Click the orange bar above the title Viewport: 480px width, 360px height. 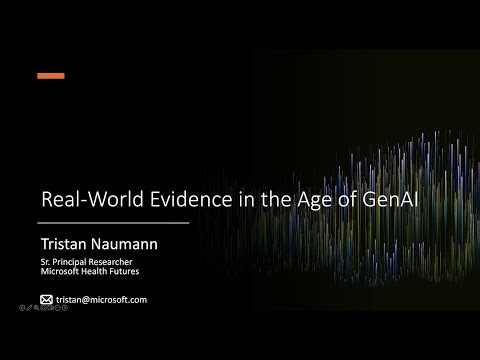50,75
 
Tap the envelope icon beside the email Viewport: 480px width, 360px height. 45,299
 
